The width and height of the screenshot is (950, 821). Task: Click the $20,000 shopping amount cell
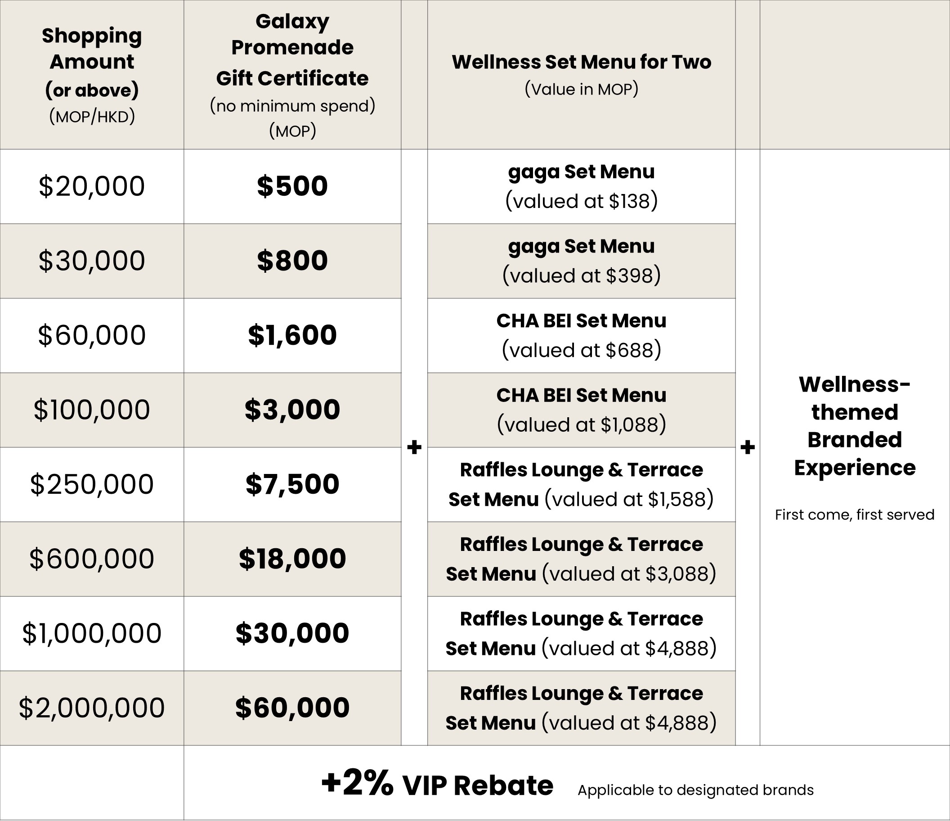tap(92, 186)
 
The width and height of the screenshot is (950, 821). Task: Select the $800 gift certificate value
tap(292, 261)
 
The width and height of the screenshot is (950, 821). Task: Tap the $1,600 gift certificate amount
tap(292, 335)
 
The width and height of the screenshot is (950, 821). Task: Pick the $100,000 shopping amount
tap(92, 410)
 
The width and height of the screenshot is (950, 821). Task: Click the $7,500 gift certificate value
tap(292, 484)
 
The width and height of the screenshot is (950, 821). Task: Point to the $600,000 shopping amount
tap(92, 559)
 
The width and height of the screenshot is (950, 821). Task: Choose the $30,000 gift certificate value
tap(292, 633)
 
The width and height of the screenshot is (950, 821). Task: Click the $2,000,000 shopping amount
tap(92, 708)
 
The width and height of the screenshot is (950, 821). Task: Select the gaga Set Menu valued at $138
tap(581, 186)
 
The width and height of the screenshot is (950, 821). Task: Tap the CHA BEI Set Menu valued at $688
tap(581, 335)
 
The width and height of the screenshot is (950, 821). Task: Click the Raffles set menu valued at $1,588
tap(581, 484)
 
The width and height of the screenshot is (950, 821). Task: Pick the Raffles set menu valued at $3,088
tap(581, 559)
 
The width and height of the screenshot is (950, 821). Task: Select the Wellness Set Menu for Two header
tap(581, 63)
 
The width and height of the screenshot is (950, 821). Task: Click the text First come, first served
tap(854, 515)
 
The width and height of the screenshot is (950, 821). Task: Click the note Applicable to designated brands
tap(695, 790)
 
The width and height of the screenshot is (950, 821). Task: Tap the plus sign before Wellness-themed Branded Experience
tap(747, 447)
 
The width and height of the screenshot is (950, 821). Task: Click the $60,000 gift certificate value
tap(292, 708)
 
